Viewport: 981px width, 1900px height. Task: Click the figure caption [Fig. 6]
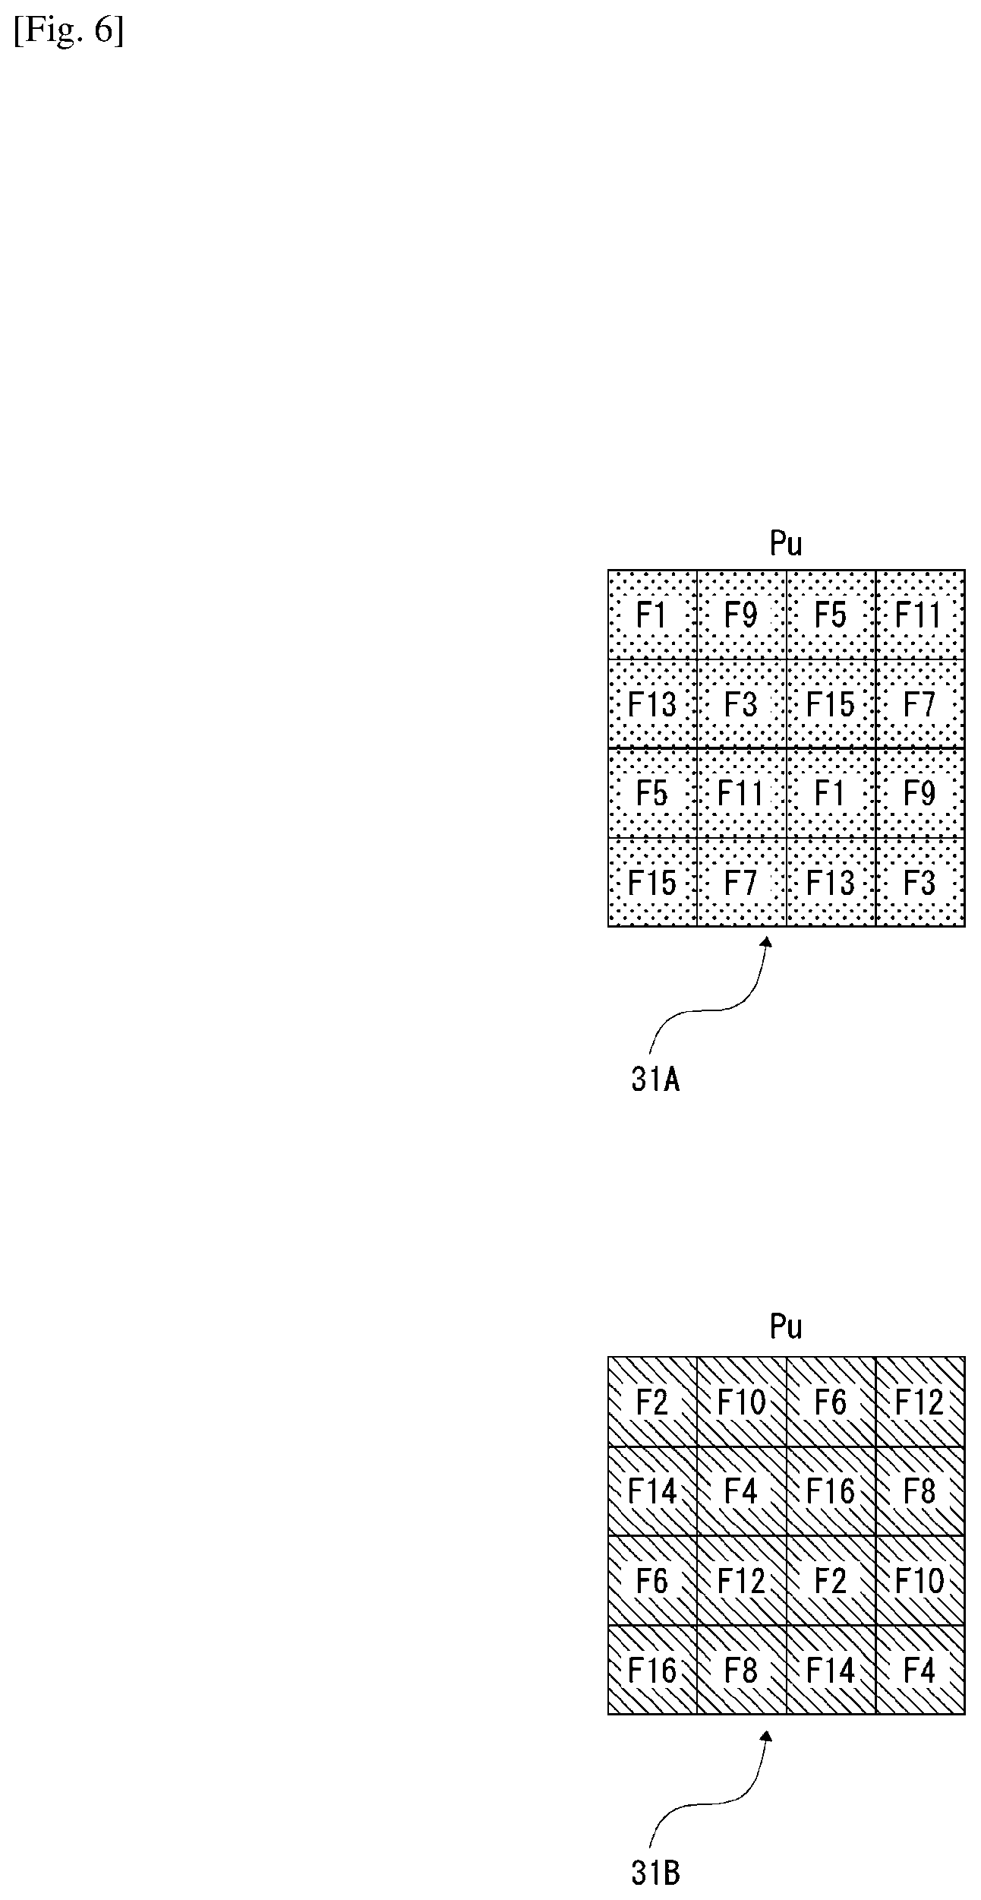coord(68,33)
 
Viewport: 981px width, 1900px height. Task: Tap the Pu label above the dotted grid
coord(786,544)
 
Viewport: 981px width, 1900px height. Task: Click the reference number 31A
coord(655,1080)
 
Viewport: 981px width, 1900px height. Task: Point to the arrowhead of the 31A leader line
coord(767,943)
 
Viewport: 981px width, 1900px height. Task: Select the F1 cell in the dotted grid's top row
coord(653,615)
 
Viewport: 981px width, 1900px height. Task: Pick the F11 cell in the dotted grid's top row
coord(920,615)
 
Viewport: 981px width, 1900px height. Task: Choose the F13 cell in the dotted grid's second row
coord(653,703)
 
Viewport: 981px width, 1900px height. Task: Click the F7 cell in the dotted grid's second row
coord(920,703)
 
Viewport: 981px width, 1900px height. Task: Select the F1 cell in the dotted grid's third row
coord(831,793)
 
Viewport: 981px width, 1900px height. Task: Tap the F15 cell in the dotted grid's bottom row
coord(653,882)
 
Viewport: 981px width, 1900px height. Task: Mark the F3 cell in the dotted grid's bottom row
coord(920,882)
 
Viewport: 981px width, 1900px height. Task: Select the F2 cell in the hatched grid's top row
coord(653,1402)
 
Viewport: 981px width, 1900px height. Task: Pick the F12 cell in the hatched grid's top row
coord(920,1402)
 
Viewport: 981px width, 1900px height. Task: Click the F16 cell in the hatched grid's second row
coord(831,1491)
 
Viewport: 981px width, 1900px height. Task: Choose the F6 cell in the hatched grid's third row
coord(653,1580)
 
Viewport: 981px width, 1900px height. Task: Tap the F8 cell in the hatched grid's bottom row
coord(742,1670)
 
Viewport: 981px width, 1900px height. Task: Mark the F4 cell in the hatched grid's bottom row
coord(920,1670)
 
